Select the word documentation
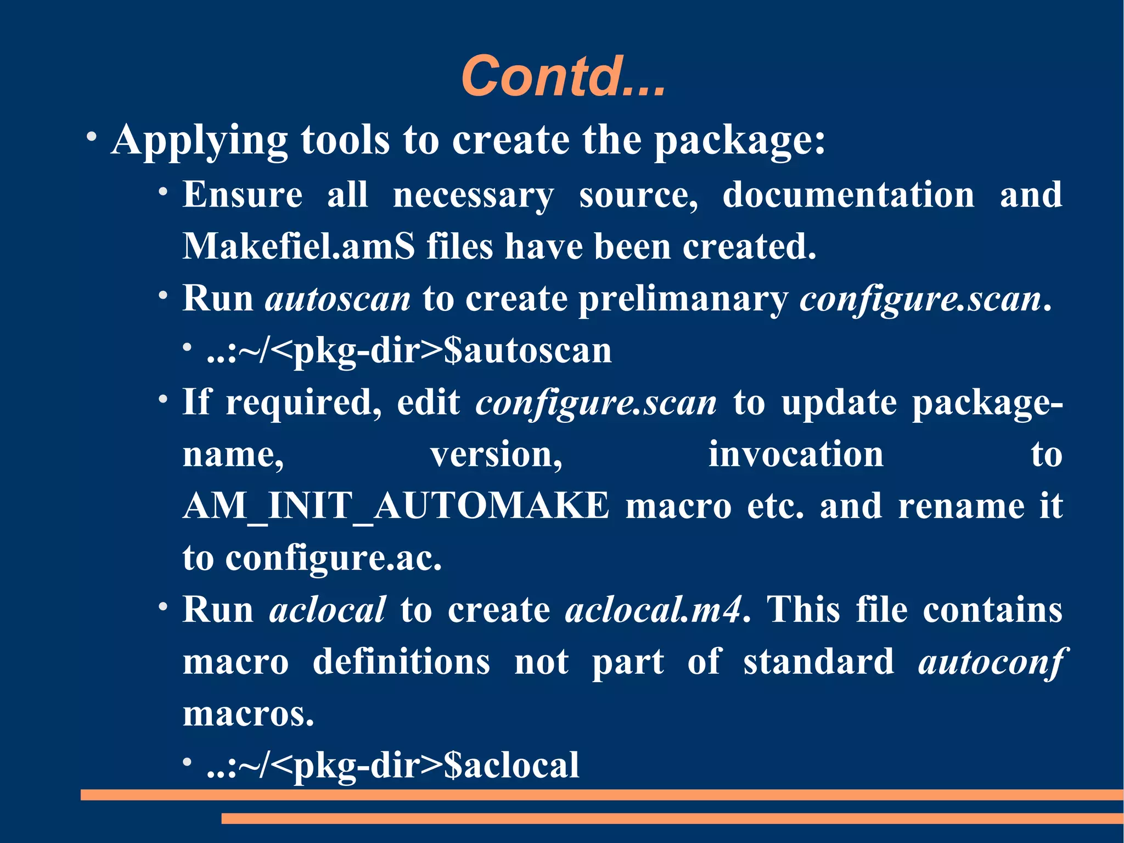tap(848, 195)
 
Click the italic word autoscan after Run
tap(338, 299)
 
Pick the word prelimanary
tap(683, 299)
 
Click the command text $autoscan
tap(527, 350)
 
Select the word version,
tap(496, 455)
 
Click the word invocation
tap(796, 455)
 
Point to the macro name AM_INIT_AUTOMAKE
tap(396, 506)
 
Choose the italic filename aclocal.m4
tap(653, 610)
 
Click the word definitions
tap(401, 662)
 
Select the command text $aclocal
tap(511, 765)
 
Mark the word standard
tap(819, 662)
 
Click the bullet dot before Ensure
tap(163, 192)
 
